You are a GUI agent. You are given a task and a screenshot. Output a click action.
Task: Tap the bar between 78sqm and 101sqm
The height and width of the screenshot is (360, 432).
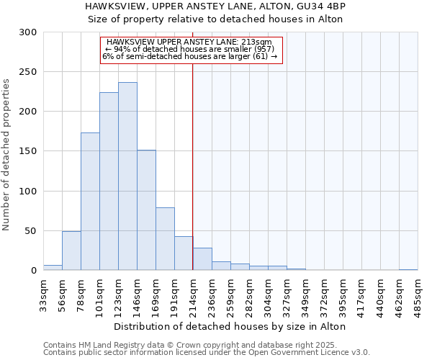tap(90, 202)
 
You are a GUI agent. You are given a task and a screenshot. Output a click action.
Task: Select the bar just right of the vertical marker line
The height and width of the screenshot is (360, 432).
tap(202, 259)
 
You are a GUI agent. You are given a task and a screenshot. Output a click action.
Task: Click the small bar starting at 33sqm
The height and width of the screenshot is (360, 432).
tap(53, 268)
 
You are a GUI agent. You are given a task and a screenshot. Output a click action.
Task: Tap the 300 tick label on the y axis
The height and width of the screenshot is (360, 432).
tap(28, 32)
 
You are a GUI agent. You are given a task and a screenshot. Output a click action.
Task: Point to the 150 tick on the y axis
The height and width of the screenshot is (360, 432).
tap(28, 151)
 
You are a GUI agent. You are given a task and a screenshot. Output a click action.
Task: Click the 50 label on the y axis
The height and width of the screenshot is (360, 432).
tap(31, 231)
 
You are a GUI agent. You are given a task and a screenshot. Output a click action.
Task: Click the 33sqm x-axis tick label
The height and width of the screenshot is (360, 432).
tap(44, 292)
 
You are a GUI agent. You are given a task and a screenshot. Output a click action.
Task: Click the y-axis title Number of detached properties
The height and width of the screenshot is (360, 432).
tap(7, 155)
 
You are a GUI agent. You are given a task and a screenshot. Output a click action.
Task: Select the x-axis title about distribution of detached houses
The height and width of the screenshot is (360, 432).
tap(230, 326)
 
